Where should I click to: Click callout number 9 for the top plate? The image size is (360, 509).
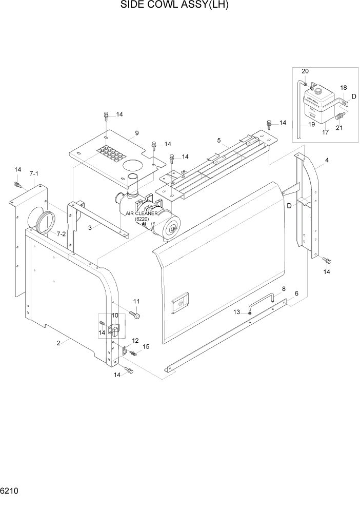(136, 133)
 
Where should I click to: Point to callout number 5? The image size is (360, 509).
(219, 140)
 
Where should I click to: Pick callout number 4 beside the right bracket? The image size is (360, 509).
(327, 160)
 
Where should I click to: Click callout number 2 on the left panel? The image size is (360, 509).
(59, 343)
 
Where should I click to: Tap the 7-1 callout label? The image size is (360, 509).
(34, 174)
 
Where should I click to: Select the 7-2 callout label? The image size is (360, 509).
(61, 234)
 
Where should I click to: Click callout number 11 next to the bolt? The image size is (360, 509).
(136, 301)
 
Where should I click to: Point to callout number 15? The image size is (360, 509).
(146, 347)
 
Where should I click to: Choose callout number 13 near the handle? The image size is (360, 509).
(236, 312)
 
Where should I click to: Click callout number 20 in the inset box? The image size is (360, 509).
(305, 71)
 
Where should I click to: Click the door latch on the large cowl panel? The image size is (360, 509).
(179, 303)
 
